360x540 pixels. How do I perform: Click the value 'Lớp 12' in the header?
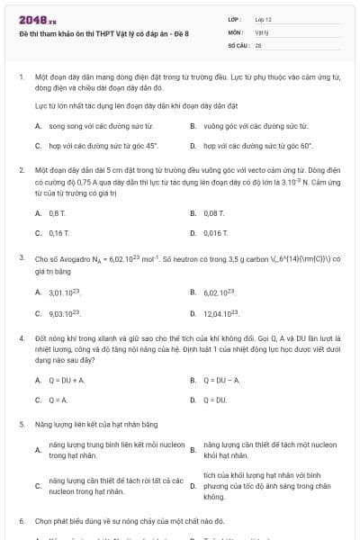point(263,19)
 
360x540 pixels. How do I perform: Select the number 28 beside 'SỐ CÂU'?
point(257,43)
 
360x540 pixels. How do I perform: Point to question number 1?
point(21,78)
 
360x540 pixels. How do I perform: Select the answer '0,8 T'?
point(58,214)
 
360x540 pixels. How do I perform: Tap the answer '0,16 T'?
point(58,232)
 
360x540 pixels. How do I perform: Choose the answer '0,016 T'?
point(215,232)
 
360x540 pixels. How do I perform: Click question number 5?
point(21,423)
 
